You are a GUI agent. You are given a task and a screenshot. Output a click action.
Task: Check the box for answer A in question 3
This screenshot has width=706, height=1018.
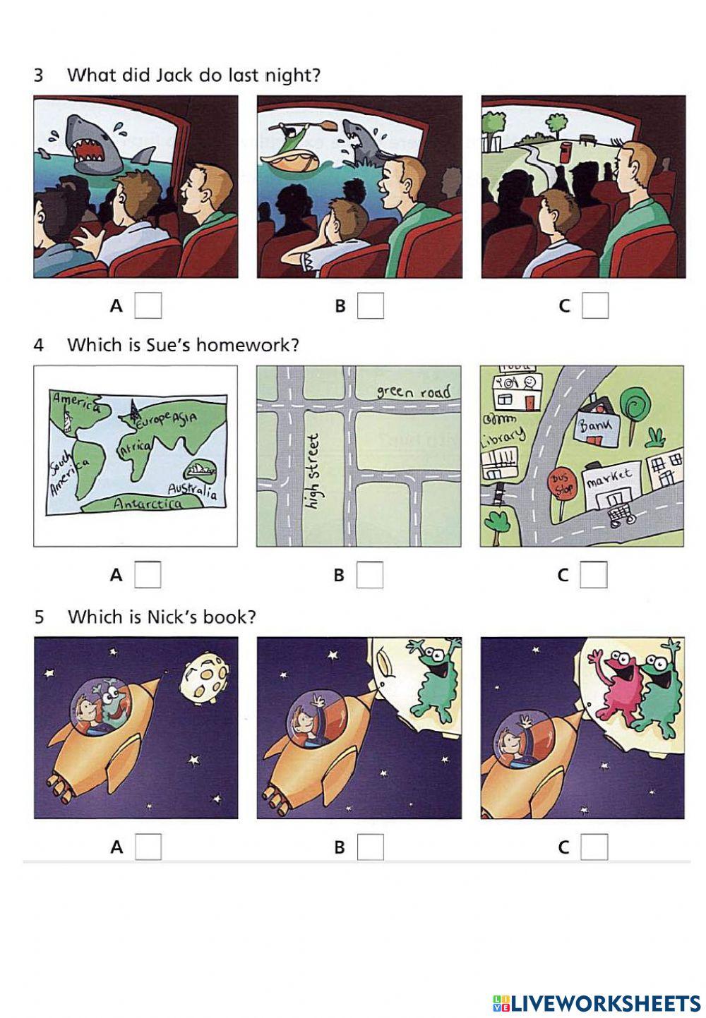click(148, 305)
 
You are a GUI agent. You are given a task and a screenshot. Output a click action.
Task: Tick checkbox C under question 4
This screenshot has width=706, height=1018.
click(594, 575)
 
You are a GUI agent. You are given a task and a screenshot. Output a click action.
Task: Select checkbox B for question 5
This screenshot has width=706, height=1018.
click(371, 847)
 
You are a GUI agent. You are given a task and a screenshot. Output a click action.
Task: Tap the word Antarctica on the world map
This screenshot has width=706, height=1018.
click(147, 504)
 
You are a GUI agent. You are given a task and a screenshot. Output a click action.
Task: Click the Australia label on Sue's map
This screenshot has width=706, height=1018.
click(192, 489)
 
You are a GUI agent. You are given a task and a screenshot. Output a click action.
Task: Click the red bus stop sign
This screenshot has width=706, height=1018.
click(561, 484)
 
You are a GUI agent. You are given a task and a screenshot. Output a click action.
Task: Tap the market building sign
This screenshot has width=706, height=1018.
click(609, 478)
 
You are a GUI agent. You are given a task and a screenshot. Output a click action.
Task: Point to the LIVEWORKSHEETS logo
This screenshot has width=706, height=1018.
click(597, 1002)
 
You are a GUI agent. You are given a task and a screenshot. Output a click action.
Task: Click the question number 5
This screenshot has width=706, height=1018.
click(39, 617)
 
